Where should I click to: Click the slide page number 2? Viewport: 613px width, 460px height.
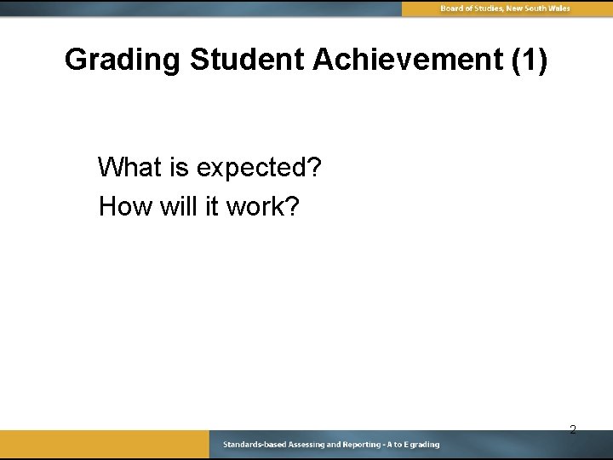coord(573,429)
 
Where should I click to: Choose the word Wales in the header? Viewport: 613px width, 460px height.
coord(558,9)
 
